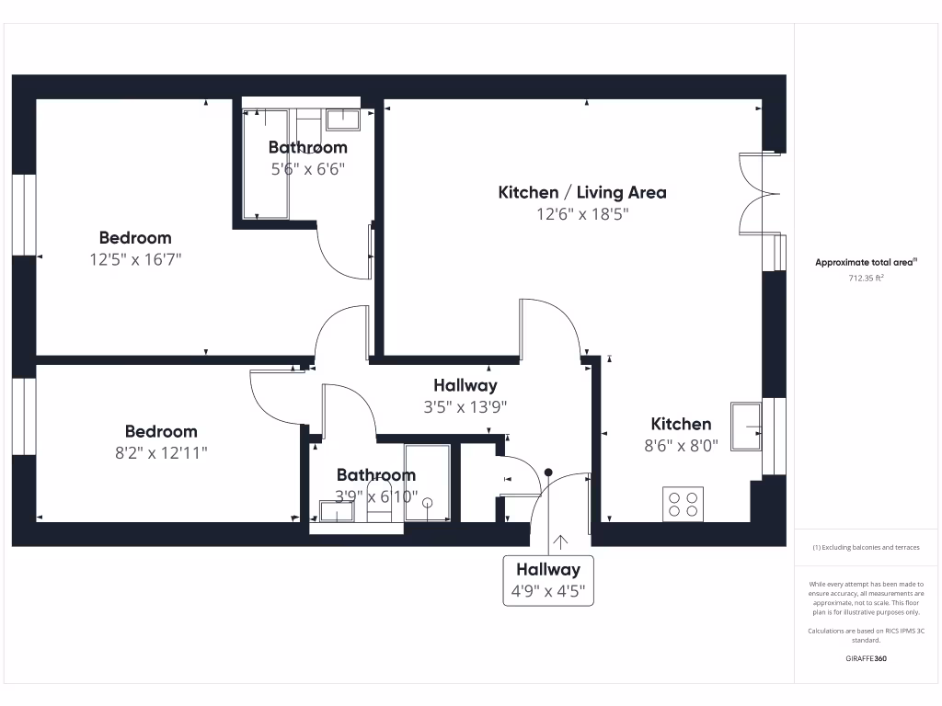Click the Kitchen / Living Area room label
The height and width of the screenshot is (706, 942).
pos(581,192)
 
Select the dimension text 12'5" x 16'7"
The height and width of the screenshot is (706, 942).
pos(135,259)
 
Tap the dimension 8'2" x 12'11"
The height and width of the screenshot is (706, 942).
pos(161,452)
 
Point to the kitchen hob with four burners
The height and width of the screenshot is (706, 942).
pos(683,504)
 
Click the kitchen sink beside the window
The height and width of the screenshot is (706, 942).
pos(745,426)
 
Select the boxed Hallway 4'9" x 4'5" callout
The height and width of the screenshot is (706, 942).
pos(547,580)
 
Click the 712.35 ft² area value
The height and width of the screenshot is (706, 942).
pos(866,278)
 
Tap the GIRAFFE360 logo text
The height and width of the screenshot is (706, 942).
pos(866,658)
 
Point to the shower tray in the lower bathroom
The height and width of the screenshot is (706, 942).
pos(428,484)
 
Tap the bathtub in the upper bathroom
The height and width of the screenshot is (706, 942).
pos(266,164)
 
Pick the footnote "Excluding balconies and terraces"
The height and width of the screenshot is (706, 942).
pos(866,547)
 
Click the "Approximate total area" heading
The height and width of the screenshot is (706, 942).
pos(865,262)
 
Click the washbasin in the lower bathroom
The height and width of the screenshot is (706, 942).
pos(336,510)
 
